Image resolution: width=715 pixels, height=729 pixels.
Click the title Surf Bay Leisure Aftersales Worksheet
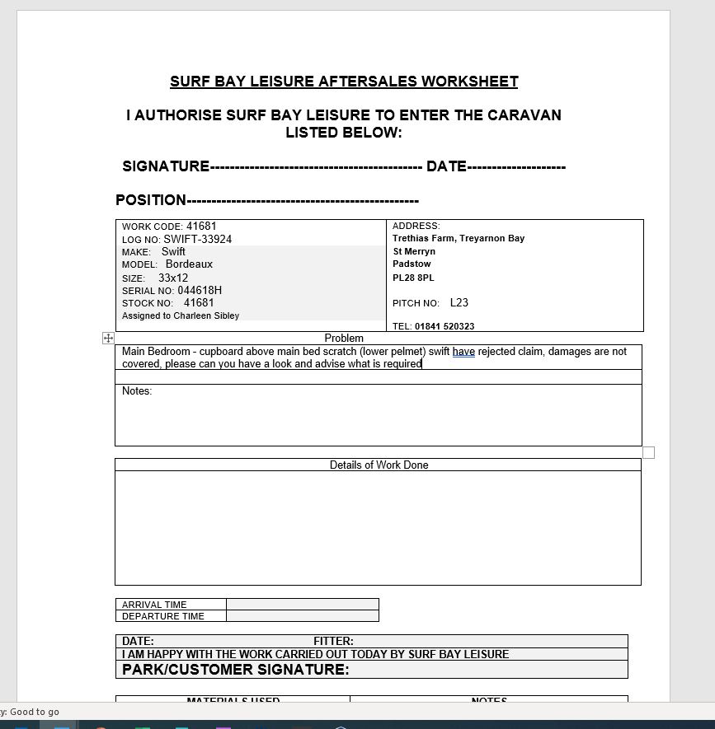click(x=344, y=82)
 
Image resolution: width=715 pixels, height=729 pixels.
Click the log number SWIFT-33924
click(x=197, y=240)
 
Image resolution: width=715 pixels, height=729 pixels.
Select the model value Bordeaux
click(x=189, y=264)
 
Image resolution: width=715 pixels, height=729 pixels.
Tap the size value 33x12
click(x=173, y=278)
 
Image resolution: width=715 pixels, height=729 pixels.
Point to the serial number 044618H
click(x=200, y=291)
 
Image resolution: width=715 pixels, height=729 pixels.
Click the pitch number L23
click(x=459, y=303)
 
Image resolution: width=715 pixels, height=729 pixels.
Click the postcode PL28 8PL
click(x=413, y=278)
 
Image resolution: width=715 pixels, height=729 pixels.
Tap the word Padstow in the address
click(x=412, y=264)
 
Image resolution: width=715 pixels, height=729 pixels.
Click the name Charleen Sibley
click(x=206, y=316)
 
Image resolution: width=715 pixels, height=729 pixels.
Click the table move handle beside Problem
click(x=108, y=338)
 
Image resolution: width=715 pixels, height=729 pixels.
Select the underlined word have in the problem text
click(x=463, y=352)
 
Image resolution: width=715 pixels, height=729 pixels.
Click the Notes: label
click(x=137, y=391)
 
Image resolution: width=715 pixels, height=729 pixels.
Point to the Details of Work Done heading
click(x=379, y=465)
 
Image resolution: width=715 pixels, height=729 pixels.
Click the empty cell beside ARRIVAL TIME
click(x=302, y=604)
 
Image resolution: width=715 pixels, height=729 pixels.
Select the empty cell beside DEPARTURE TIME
click(x=302, y=616)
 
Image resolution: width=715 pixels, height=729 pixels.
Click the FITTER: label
click(x=333, y=641)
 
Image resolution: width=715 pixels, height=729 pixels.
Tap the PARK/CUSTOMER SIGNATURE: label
click(x=235, y=670)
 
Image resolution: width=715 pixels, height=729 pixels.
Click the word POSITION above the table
click(x=151, y=200)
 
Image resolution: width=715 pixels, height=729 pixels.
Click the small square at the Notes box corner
click(x=648, y=452)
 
